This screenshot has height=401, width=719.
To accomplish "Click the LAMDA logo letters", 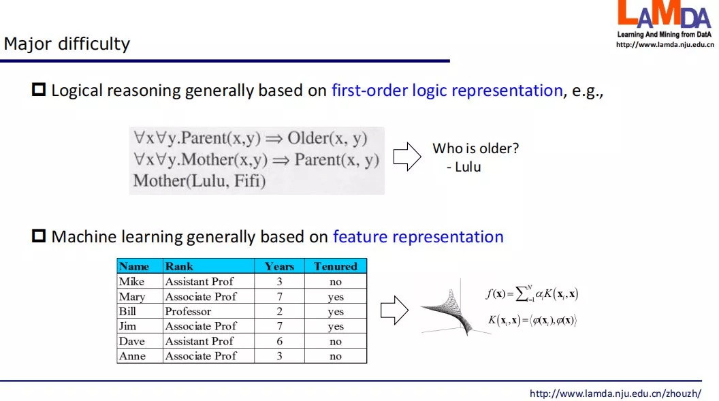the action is click(x=665, y=14).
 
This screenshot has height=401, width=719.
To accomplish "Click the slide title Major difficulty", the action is click(x=67, y=44).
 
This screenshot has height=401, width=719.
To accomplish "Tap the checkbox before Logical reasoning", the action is click(x=39, y=89).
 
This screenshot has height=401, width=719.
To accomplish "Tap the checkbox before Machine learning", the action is click(x=39, y=236).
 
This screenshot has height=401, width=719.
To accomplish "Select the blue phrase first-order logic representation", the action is click(x=447, y=91).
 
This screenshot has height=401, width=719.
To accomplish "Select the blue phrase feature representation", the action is click(x=418, y=236).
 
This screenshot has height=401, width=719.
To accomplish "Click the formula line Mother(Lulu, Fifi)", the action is click(x=199, y=181).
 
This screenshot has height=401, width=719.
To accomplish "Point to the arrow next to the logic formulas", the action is click(x=407, y=157).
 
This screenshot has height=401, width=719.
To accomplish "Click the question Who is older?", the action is click(x=475, y=148).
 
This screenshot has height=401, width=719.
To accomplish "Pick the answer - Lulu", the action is click(x=464, y=167).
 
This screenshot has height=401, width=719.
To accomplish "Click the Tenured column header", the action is click(x=336, y=266).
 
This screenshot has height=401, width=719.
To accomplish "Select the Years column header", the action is click(x=279, y=266).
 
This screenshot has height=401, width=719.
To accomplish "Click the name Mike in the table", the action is click(x=131, y=281).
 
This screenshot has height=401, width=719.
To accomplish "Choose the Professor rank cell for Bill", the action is click(x=188, y=312).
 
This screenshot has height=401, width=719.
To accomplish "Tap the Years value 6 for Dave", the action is click(x=279, y=341).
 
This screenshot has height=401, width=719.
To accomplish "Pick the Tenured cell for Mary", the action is click(x=336, y=297).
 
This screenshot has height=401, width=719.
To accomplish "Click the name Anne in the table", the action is click(x=132, y=356).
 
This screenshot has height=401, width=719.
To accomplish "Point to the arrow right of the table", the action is click(x=394, y=310).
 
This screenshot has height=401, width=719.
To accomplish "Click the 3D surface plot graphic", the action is click(x=454, y=307).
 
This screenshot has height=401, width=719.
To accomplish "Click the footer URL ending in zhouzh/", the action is click(x=616, y=394).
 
